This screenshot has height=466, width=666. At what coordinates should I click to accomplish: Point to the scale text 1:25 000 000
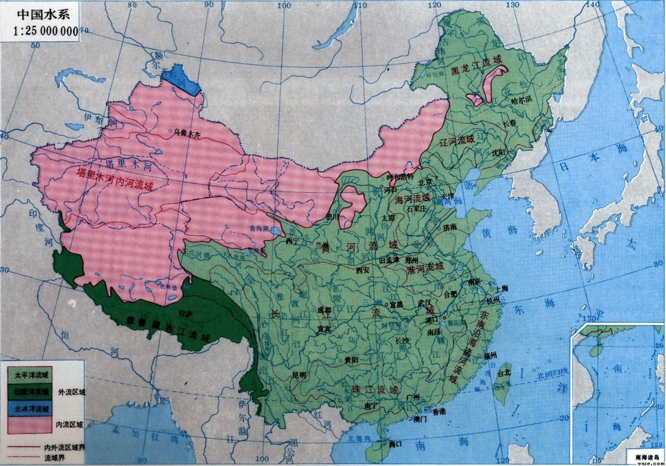click(45, 31)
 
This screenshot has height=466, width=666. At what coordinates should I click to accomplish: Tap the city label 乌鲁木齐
click(187, 134)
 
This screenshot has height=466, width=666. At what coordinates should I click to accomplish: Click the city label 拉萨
click(183, 314)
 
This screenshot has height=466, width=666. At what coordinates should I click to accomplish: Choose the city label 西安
click(363, 270)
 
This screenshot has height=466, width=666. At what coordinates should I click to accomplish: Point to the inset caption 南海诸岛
click(646, 457)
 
